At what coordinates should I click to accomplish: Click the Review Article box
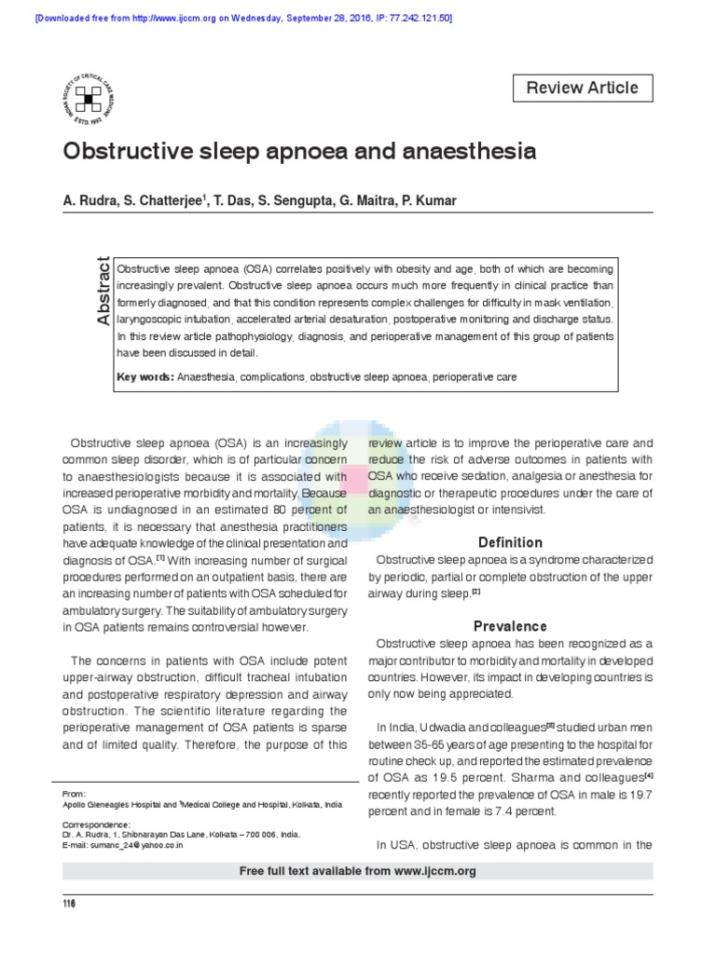pos(583,89)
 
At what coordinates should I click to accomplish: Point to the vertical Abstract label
pos(103,290)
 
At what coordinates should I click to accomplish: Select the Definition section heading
pos(510,542)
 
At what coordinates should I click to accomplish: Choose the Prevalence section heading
pos(510,626)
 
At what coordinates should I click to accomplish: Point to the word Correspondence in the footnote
pos(96,825)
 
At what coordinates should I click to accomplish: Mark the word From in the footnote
pos(74,793)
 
